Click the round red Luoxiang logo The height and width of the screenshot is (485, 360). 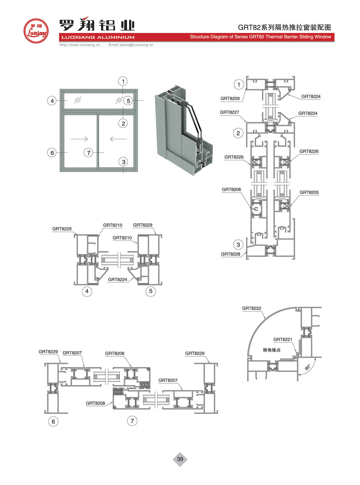point(36,31)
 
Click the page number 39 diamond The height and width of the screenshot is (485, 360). point(180,459)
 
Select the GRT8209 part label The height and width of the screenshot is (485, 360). point(230,98)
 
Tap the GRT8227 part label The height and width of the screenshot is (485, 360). point(229,112)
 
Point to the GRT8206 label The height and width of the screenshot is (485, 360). point(231,189)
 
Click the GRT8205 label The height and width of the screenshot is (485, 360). point(309,192)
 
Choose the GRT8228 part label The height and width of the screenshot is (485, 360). point(231,254)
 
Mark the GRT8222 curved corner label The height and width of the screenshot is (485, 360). point(252,308)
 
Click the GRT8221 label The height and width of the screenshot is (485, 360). point(283,340)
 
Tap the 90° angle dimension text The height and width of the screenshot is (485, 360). point(308,367)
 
